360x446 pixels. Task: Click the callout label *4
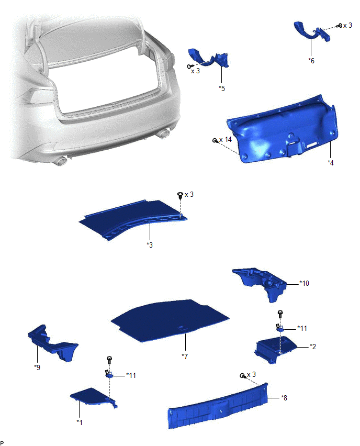tap(330, 163)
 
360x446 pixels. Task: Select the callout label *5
tap(222, 88)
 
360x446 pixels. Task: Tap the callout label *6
tap(311, 61)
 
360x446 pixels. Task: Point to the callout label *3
tap(150, 244)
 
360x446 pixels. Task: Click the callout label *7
tap(185, 356)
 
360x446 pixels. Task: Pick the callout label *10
tap(304, 283)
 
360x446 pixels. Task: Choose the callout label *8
tap(284, 398)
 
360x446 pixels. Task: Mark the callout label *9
tap(37, 367)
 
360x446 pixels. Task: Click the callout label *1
tap(80, 422)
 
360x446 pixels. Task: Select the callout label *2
tap(313, 347)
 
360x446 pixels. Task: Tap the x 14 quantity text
tap(226, 140)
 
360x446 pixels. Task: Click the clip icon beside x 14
tap(215, 140)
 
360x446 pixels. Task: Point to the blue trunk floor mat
tap(170, 319)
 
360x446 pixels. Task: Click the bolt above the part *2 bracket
tap(280, 314)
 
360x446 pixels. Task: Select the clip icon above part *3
tap(180, 195)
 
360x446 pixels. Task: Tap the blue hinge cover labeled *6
tap(311, 32)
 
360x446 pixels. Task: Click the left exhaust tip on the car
tap(61, 161)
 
